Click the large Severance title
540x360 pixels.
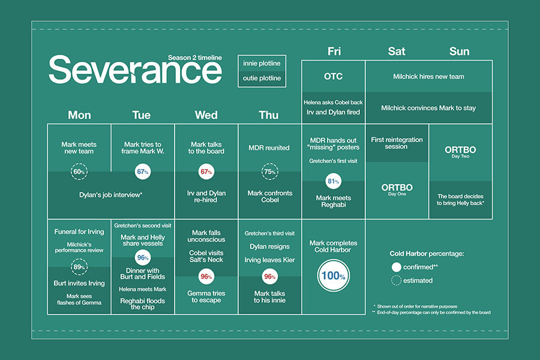click(136, 70)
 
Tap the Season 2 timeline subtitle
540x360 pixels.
click(195, 58)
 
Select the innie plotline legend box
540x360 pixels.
click(262, 64)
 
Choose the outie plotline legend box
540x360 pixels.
click(262, 78)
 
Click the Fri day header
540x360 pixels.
click(334, 52)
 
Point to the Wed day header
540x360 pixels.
click(206, 115)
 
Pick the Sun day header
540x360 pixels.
click(459, 52)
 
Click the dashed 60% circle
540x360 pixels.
click(79, 164)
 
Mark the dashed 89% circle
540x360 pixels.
click(79, 259)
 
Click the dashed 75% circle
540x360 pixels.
click(269, 164)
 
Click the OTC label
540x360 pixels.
click(333, 76)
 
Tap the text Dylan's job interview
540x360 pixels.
click(110, 195)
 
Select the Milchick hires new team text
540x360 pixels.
click(428, 76)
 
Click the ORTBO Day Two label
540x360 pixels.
click(460, 152)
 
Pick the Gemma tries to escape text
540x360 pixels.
click(206, 296)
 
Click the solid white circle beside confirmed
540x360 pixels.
click(397, 267)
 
